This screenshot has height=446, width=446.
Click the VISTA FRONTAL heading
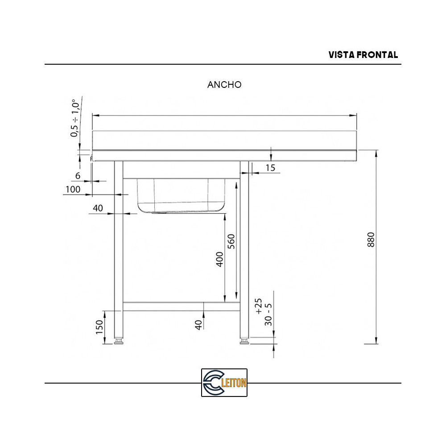[363, 55]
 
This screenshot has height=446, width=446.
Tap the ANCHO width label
[224, 85]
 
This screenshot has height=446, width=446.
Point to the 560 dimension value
[231, 241]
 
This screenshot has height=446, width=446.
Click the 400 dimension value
[219, 259]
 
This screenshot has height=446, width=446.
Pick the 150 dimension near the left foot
[100, 327]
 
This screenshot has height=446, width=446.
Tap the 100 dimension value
[73, 190]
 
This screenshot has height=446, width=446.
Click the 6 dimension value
[78, 176]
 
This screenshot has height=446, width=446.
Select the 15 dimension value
[270, 168]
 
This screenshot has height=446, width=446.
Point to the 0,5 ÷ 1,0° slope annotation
[75, 118]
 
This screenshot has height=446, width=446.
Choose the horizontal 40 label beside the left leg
[98, 208]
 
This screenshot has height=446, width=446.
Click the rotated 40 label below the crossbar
[198, 324]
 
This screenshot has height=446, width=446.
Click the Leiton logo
[224, 383]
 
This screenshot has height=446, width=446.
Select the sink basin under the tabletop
[181, 195]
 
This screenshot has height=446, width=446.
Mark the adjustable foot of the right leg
[244, 341]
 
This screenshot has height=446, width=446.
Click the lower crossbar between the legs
[182, 306]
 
